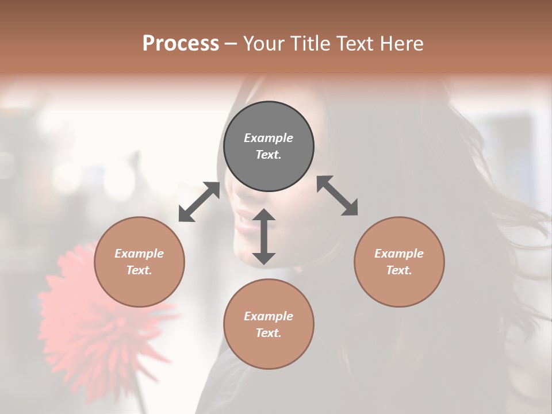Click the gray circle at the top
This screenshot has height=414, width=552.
[x=269, y=147]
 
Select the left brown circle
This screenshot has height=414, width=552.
[x=139, y=262]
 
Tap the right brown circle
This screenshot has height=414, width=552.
[x=399, y=262]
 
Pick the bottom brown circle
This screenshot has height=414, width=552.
[x=269, y=324]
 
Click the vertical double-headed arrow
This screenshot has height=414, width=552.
[x=264, y=236]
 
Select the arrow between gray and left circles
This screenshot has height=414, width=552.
[x=199, y=202]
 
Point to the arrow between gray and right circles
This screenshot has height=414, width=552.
[x=338, y=195]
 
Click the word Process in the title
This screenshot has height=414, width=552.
[x=181, y=43]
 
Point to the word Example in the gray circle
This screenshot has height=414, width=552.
[x=269, y=138]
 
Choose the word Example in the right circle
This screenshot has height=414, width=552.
[x=399, y=254]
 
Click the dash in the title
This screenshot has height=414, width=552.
[x=231, y=44]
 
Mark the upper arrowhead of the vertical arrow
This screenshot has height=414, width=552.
[x=264, y=214]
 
